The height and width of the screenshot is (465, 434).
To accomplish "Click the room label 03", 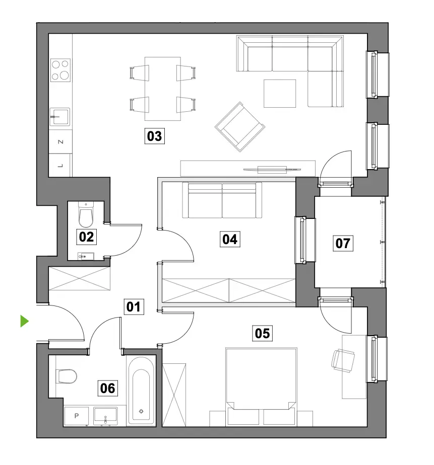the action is pos(154,136).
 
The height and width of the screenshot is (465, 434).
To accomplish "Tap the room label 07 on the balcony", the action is pos(343,243).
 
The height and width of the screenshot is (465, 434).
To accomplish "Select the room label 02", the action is pos(86,237).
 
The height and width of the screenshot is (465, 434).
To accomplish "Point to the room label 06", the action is pos(107,388).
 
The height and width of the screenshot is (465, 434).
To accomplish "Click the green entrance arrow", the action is pos(24,321).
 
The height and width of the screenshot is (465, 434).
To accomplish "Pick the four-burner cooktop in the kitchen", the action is pos(60,70).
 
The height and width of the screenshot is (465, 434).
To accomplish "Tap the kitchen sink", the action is pos(59,117).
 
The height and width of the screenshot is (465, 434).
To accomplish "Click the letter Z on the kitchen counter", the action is pos(60,142).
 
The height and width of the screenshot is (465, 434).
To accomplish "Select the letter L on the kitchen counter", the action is pos(60,166).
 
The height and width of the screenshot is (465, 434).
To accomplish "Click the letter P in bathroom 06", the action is pos(76,416).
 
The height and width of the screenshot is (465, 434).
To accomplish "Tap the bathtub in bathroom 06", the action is pos(141,391).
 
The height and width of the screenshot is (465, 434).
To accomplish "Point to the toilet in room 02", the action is pos(86,214).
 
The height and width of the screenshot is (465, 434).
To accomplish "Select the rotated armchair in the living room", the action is pos(240,127).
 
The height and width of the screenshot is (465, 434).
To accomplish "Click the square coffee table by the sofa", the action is pos(280,94).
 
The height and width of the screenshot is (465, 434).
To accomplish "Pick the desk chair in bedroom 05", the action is pos(343,360).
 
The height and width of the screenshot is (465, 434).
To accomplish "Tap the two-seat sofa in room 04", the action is pos(222,200).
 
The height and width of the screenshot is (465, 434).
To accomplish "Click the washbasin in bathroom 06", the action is pos(105,416).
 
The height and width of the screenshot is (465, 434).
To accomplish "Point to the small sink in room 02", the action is pos(86,256).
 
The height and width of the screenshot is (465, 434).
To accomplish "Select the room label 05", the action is pos(262,333).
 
